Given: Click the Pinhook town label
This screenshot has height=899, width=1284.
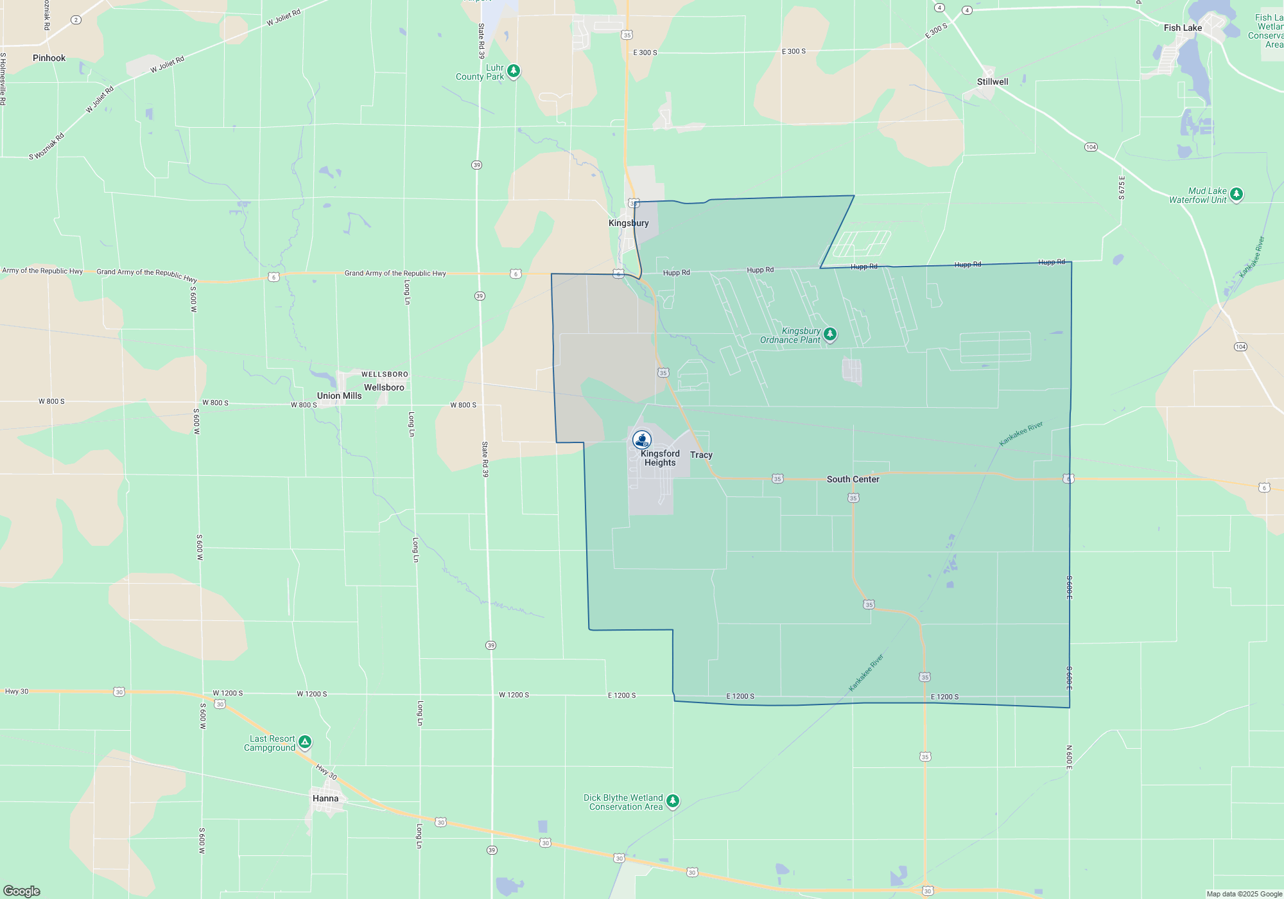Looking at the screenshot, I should (49, 58).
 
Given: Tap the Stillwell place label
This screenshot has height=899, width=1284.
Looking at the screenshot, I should (992, 82).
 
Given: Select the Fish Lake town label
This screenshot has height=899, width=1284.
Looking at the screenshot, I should (1183, 28).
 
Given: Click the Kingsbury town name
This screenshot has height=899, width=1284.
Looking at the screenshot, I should (629, 223).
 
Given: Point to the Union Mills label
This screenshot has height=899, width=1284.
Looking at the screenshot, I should (339, 396).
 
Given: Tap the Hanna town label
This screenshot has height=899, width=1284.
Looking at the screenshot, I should (325, 798).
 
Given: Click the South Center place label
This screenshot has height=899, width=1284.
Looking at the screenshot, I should (853, 479).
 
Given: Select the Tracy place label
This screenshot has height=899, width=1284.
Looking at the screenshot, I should (701, 455).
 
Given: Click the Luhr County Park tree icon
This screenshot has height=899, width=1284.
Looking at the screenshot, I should (514, 71).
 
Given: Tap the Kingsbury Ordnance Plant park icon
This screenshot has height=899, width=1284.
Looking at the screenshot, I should (830, 334).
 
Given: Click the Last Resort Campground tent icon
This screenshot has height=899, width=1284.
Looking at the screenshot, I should (305, 742).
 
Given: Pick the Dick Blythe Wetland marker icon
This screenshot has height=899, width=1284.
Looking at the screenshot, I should (673, 801).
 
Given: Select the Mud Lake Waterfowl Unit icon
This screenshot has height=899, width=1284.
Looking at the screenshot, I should (1236, 194).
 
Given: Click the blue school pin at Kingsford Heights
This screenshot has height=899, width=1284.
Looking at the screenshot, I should (642, 439).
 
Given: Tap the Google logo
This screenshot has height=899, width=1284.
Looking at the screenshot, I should (22, 891).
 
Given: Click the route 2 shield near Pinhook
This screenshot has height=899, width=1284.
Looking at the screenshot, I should (76, 20).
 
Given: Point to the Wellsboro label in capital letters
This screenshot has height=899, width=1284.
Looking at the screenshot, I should (385, 374).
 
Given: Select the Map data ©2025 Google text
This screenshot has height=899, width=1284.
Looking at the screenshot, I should (1244, 894).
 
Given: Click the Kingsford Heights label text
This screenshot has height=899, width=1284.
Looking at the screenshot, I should (659, 458).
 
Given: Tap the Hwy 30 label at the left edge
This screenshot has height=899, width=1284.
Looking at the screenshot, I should (17, 692).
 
